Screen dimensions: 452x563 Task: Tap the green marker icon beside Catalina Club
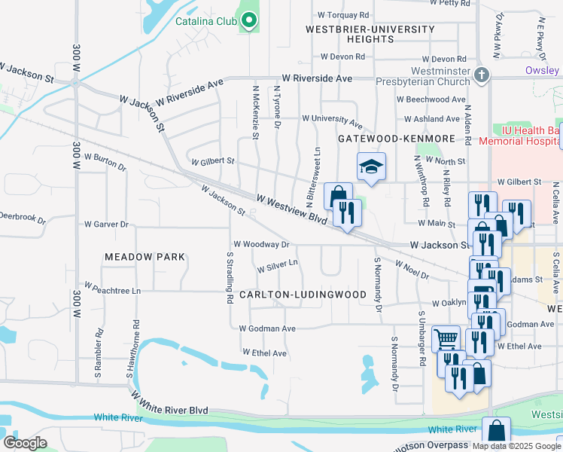pyautogui.click(x=249, y=22)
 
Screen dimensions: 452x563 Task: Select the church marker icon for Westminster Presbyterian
pyautogui.click(x=482, y=75)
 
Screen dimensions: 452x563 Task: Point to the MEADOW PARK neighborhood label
pyautogui.click(x=145, y=257)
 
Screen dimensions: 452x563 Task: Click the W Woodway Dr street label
pyautogui.click(x=261, y=244)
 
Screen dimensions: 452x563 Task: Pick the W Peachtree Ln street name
pyautogui.click(x=112, y=289)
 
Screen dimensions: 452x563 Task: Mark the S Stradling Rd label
pyautogui.click(x=229, y=278)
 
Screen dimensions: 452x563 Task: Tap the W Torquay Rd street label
pyautogui.click(x=343, y=14)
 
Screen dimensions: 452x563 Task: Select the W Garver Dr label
pyautogui.click(x=106, y=224)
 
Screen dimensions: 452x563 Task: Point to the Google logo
pyautogui.click(x=25, y=443)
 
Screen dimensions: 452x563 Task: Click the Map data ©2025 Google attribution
pyautogui.click(x=516, y=446)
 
